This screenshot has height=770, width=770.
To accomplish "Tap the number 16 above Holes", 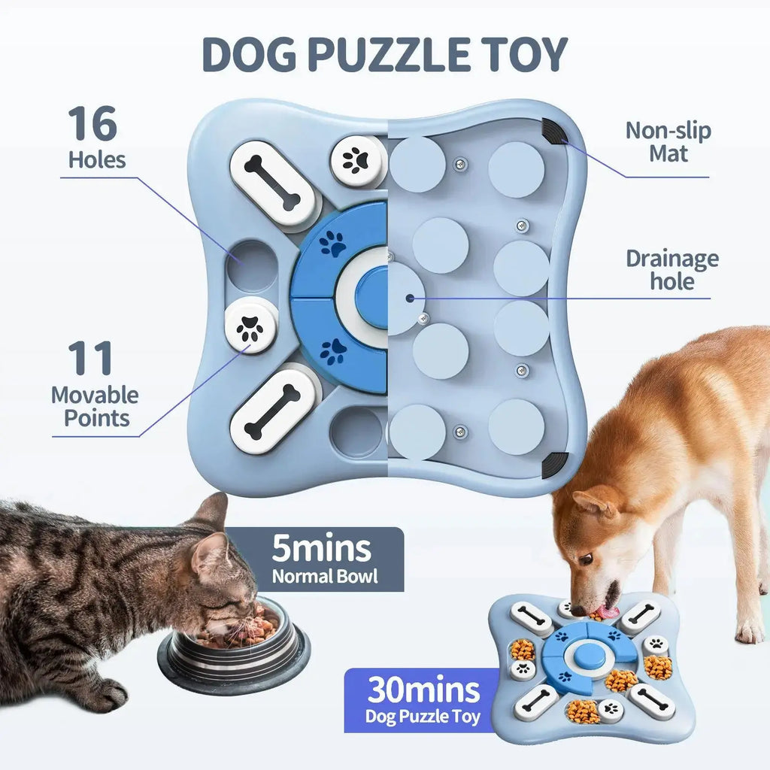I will coord(92,124).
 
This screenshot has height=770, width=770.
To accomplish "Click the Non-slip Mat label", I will coord(668,142).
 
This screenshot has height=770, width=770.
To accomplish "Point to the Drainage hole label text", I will coord(672,270).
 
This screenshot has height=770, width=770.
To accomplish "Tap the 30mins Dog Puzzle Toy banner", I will coord(423,699).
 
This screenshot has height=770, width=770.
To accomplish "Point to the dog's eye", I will coord(585,559).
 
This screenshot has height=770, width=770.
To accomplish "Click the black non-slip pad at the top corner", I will coord(555,132).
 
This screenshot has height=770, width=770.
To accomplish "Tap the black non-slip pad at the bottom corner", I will coord(555,462).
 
